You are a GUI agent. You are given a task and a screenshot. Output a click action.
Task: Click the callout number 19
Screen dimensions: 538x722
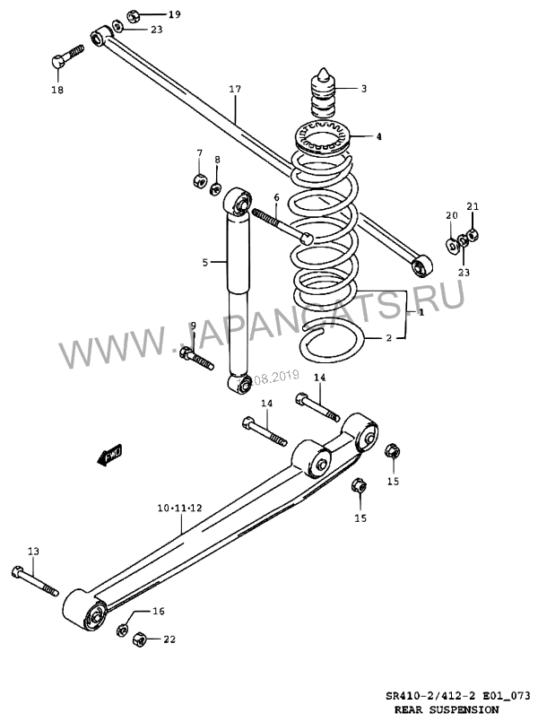[x=175, y=14]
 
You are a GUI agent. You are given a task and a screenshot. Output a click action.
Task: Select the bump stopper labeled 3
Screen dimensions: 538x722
[x=323, y=94]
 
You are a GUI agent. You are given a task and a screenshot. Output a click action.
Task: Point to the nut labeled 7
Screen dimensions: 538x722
[x=199, y=180]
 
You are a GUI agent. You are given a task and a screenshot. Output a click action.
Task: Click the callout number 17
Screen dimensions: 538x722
[x=235, y=89]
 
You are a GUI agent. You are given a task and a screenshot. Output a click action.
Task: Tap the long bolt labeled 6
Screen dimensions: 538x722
[x=282, y=226]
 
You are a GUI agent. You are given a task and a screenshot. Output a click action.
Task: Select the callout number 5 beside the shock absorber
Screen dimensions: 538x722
[x=205, y=263]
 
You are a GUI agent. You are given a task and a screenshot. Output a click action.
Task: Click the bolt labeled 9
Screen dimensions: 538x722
[x=196, y=359]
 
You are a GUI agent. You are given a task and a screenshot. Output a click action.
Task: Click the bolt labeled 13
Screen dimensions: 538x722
[x=35, y=580]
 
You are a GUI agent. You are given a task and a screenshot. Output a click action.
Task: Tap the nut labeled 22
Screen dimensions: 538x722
[x=139, y=639]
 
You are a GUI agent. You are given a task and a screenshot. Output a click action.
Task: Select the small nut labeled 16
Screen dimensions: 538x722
[x=122, y=630]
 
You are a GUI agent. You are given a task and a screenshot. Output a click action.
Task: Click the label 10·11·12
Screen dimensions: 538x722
[x=180, y=509]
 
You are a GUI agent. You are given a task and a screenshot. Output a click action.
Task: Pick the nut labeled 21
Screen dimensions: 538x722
[x=473, y=236]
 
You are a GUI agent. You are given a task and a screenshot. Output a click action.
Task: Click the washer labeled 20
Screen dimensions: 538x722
[x=452, y=244]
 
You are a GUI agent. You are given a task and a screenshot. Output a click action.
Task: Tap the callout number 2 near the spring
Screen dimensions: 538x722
[x=389, y=338]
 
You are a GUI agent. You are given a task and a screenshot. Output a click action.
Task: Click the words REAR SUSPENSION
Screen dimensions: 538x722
[x=447, y=709]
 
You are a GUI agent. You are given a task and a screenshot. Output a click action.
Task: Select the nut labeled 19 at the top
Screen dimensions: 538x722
[x=133, y=15]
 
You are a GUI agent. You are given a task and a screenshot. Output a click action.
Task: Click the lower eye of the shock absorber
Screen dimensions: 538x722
[x=241, y=384]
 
